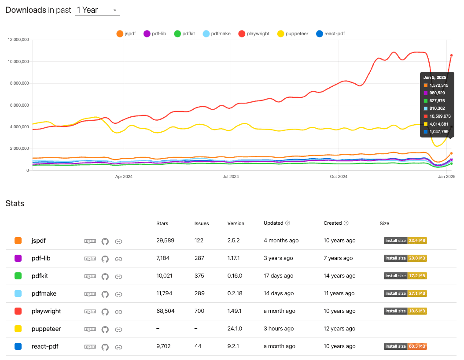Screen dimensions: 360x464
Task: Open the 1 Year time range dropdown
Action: (x=97, y=10)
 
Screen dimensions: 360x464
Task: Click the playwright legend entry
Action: (x=254, y=33)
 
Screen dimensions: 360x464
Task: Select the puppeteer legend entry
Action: (x=293, y=33)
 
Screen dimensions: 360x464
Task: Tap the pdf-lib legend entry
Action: (x=155, y=33)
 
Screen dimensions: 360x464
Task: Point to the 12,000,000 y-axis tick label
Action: (x=18, y=40)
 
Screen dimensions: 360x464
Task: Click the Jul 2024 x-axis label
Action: (x=231, y=177)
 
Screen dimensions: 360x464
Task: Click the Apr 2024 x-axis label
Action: (x=124, y=177)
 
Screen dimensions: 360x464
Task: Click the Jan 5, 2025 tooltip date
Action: (x=435, y=78)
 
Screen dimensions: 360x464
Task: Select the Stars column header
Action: (x=162, y=223)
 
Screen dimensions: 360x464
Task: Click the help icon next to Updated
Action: (x=287, y=223)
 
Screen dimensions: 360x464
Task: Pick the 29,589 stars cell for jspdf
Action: (x=166, y=241)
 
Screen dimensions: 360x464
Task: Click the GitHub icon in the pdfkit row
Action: (x=105, y=276)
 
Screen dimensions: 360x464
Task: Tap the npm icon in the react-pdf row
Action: (x=90, y=347)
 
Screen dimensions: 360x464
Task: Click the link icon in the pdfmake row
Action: (x=118, y=294)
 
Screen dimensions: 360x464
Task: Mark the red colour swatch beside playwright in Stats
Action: (x=18, y=311)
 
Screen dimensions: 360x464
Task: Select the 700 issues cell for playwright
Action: (x=199, y=311)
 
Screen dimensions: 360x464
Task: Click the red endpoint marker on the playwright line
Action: (x=451, y=56)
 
